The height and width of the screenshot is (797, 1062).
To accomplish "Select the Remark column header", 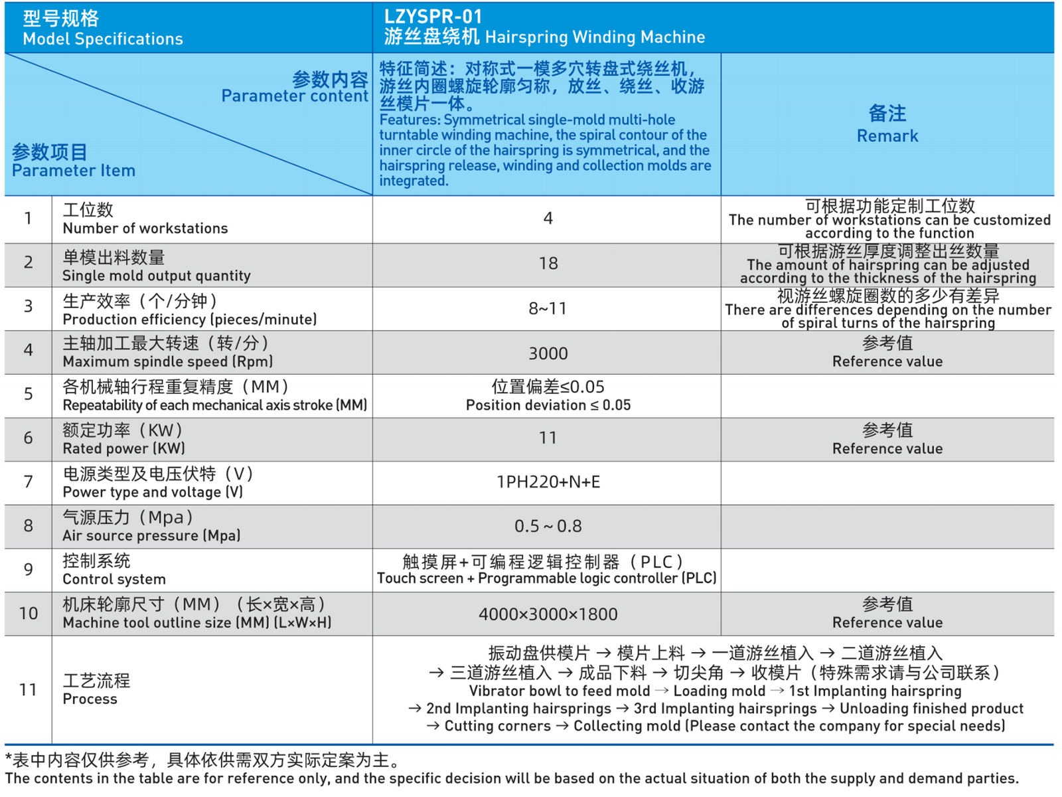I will pos(887,135).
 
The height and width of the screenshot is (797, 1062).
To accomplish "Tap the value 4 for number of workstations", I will pos(548,219).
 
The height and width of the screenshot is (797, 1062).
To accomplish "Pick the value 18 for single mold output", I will pos(548,264).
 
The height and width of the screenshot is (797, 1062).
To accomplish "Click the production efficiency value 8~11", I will pos(548,308).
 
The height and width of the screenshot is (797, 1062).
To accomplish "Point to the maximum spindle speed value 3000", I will pos(548,353).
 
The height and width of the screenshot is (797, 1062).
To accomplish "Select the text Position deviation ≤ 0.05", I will pos(548,405).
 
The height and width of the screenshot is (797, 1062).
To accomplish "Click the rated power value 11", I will pos(548,438).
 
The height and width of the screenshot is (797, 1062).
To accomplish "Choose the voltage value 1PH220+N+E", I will pos(548,482).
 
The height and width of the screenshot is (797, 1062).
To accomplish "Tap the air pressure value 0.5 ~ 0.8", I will pos(548,526).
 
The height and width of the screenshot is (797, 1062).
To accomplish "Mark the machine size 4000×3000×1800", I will pos(548,614).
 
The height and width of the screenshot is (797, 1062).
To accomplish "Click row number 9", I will pos(28,569).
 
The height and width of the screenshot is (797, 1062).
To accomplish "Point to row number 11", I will pos(28,689).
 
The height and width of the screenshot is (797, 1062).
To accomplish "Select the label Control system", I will pos(114,579).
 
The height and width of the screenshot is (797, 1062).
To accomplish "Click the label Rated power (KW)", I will pos(123,448).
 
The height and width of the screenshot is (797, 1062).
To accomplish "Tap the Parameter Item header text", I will pos(73,171).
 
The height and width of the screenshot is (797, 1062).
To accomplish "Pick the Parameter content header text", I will pos(294,96).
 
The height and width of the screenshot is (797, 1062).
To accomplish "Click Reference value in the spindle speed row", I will pos(887,361).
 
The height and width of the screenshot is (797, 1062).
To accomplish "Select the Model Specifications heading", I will pos(102,39).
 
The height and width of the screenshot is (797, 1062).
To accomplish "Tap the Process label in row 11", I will pos(90,699).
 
